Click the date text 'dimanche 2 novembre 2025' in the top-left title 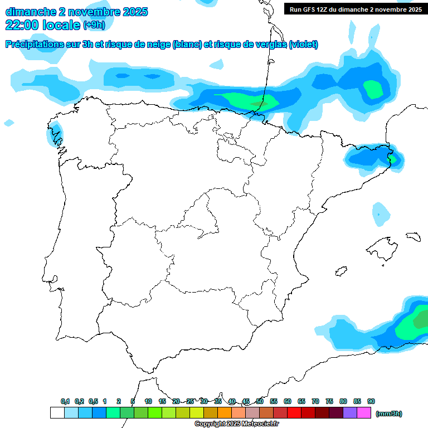click(x=76, y=12)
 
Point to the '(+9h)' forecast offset click(x=94, y=25)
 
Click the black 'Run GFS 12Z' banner click(x=356, y=9)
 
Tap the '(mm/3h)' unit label click(x=389, y=414)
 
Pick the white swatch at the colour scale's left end click(x=57, y=413)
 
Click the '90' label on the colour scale click(x=371, y=401)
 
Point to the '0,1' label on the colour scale click(x=65, y=401)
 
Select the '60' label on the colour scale click(x=288, y=401)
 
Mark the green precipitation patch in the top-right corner click(x=372, y=88)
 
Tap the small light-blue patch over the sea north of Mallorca click(x=381, y=213)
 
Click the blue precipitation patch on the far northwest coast click(x=56, y=134)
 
